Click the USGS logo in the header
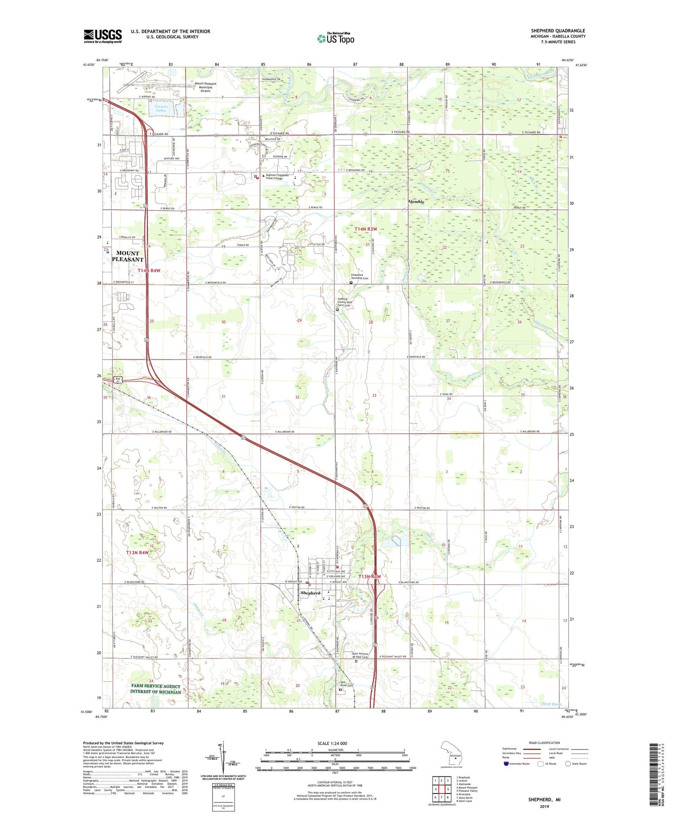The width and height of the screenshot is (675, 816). (x=103, y=36)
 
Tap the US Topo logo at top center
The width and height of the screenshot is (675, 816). (x=336, y=38)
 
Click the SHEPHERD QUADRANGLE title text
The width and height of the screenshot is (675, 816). (x=558, y=31)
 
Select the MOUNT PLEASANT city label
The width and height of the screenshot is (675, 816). (x=127, y=256)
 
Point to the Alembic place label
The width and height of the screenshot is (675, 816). (x=416, y=202)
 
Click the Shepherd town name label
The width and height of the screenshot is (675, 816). (x=310, y=593)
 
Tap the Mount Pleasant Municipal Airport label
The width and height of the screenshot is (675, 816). (x=205, y=87)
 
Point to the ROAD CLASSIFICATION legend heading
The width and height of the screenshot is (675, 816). (x=544, y=743)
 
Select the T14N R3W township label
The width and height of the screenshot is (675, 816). (x=365, y=229)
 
